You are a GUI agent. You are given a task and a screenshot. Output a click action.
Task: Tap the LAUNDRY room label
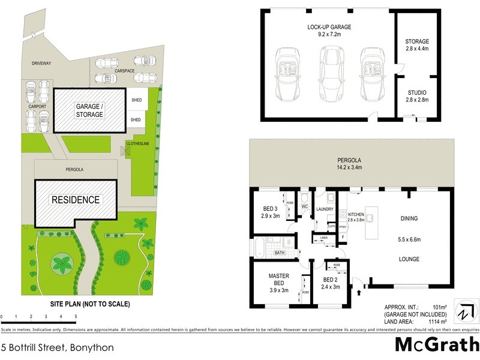[x=325, y=209]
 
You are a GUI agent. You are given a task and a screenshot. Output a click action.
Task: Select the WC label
[x=304, y=207]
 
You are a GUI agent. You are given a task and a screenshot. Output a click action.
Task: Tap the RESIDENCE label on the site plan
[x=75, y=200]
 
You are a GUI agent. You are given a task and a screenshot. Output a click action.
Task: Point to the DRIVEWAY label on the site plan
[x=42, y=63]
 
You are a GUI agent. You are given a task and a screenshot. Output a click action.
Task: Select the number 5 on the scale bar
[x=76, y=316]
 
